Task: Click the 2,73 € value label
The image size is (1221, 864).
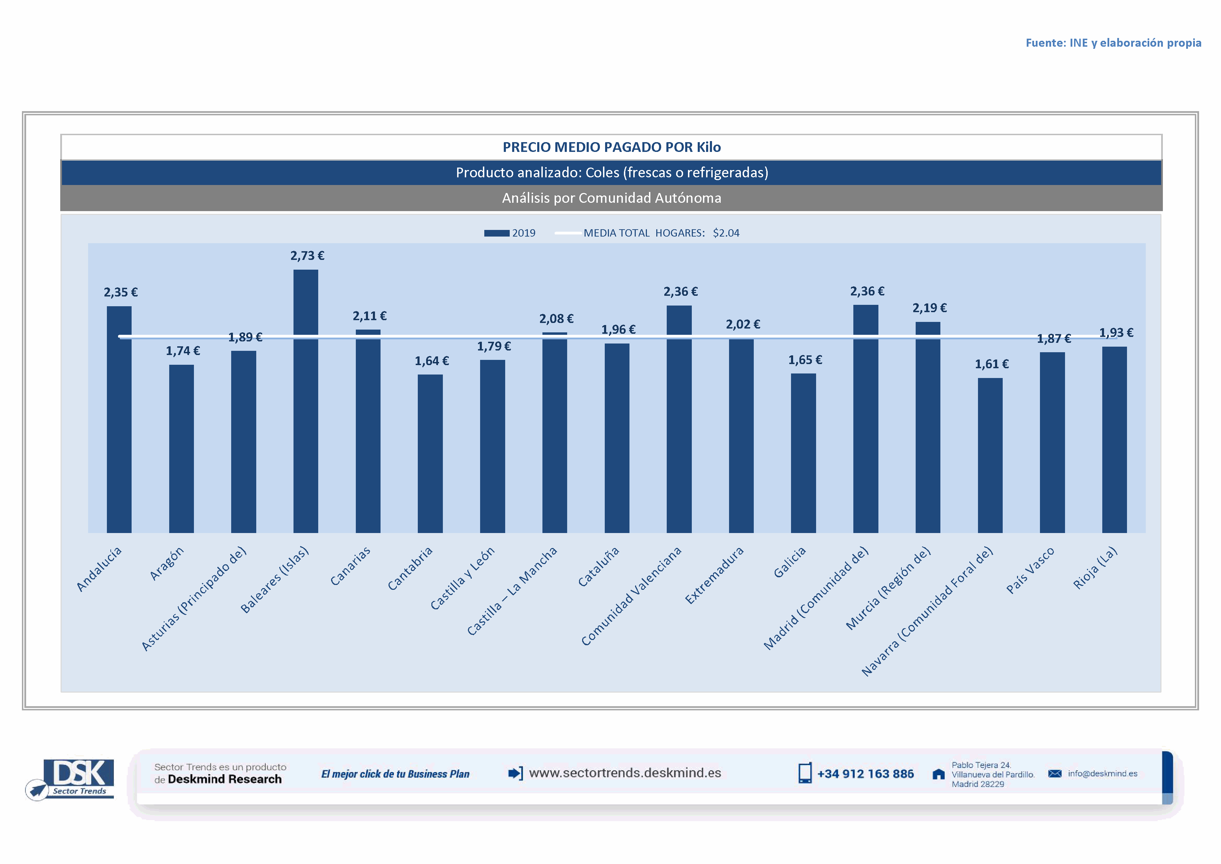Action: pyautogui.click(x=307, y=256)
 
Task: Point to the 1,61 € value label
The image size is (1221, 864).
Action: pyautogui.click(x=991, y=364)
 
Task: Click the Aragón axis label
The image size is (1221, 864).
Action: pyautogui.click(x=167, y=563)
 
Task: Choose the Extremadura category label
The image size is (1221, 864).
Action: pyautogui.click(x=714, y=576)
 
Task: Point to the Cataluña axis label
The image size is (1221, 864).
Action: pyautogui.click(x=599, y=567)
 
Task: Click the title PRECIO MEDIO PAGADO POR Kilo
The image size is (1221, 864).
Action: pyautogui.click(x=612, y=147)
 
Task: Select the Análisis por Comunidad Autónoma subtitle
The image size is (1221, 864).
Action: pyautogui.click(x=612, y=198)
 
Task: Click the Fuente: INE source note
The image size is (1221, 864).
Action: pyautogui.click(x=1113, y=43)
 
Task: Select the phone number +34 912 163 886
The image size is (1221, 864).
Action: pyautogui.click(x=865, y=774)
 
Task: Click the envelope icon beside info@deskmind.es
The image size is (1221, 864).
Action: pyautogui.click(x=1055, y=773)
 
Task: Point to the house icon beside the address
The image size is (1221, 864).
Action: pyautogui.click(x=939, y=774)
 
